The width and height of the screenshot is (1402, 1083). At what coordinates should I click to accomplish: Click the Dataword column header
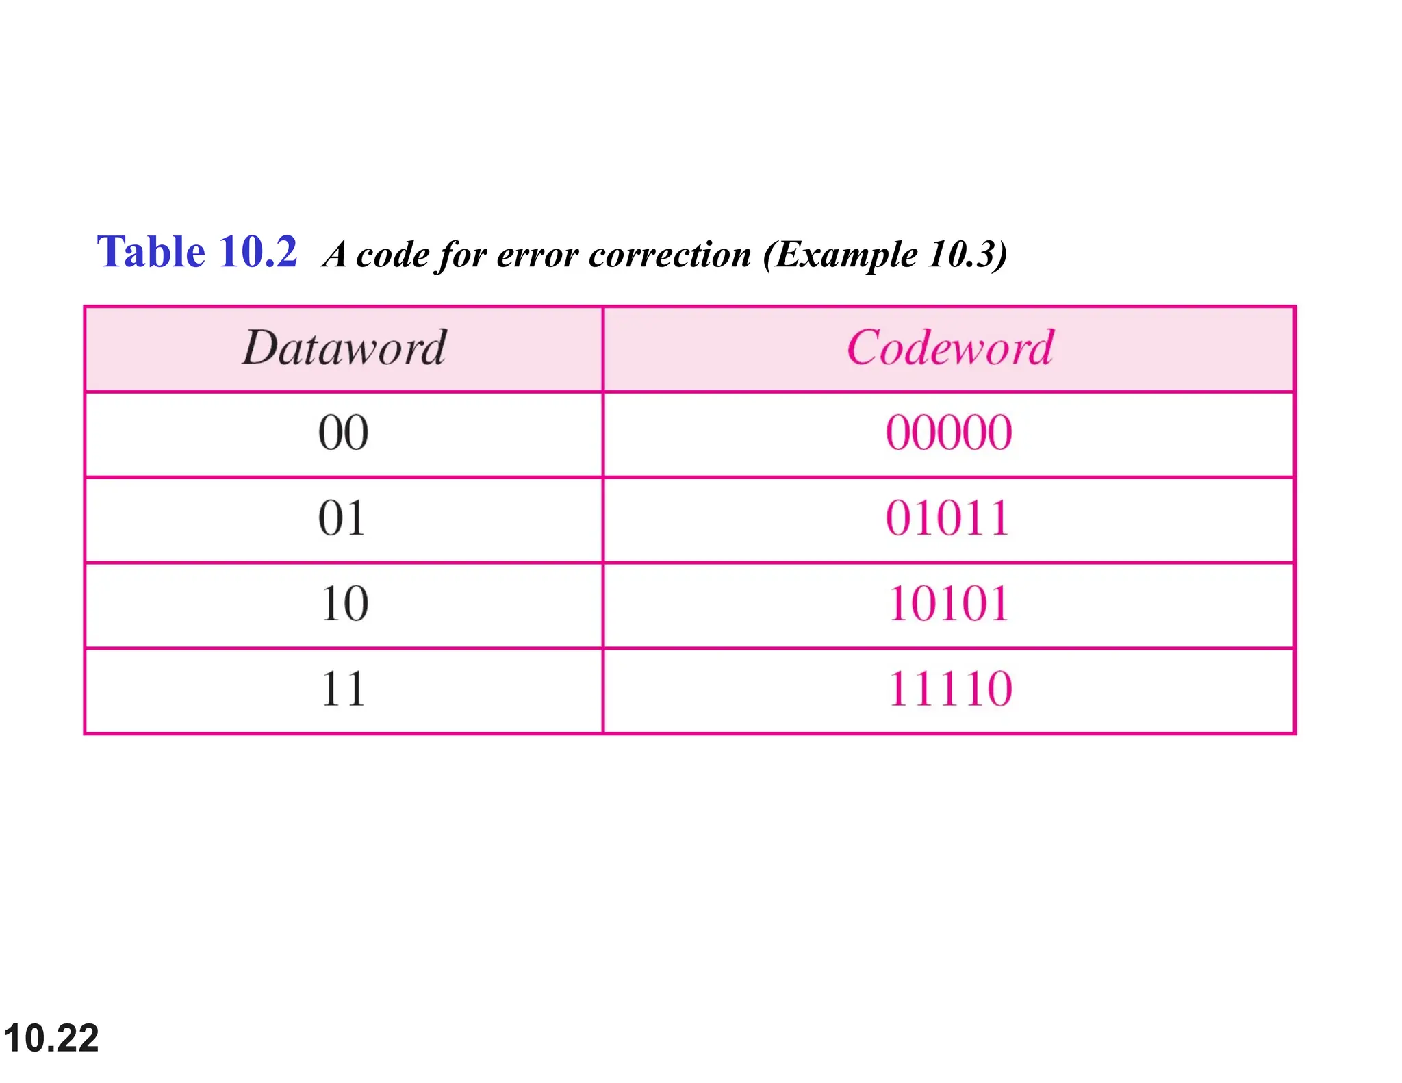point(344,348)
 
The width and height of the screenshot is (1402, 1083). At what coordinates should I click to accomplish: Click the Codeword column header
point(949,348)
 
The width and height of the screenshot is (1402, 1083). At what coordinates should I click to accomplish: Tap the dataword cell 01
point(342,518)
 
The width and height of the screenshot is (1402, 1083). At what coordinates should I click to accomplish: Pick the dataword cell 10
point(344,604)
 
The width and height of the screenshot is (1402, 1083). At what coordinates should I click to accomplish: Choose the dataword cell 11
point(343,689)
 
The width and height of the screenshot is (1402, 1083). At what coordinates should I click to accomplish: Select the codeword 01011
point(947,518)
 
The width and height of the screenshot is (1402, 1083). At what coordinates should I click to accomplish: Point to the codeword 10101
point(948,604)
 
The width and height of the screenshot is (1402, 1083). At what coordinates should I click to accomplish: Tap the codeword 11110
point(949,689)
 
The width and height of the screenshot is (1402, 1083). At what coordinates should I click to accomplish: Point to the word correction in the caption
point(670,255)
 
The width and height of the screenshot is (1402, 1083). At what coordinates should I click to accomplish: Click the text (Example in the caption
point(839,255)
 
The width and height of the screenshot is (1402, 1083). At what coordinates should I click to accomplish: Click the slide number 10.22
point(51,1038)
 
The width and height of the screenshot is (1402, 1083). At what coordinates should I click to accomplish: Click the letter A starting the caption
point(335,255)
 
